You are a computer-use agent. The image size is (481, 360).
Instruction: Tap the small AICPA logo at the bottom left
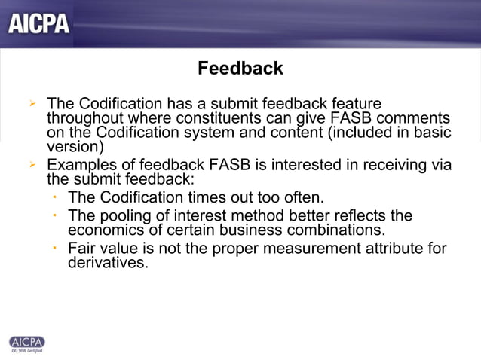[26, 343]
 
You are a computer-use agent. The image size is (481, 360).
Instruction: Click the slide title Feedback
[240, 69]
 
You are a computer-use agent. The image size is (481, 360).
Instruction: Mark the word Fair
[82, 249]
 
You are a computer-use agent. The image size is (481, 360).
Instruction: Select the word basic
[433, 133]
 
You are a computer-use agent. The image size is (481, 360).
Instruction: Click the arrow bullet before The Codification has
[32, 104]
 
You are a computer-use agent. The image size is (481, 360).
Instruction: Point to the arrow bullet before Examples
[32, 165]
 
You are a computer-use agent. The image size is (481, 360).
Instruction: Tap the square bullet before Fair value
[55, 248]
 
